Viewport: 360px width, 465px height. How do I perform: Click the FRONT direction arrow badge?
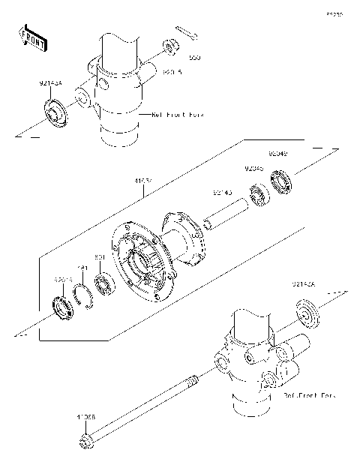(x=33, y=39)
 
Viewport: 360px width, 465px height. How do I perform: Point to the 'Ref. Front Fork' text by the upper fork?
(x=178, y=115)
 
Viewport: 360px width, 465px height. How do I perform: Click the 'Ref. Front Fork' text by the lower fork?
(x=309, y=394)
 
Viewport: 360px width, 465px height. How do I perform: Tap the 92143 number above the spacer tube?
(x=222, y=193)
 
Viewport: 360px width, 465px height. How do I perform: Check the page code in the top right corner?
(x=332, y=13)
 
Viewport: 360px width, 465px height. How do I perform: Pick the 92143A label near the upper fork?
(x=50, y=85)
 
